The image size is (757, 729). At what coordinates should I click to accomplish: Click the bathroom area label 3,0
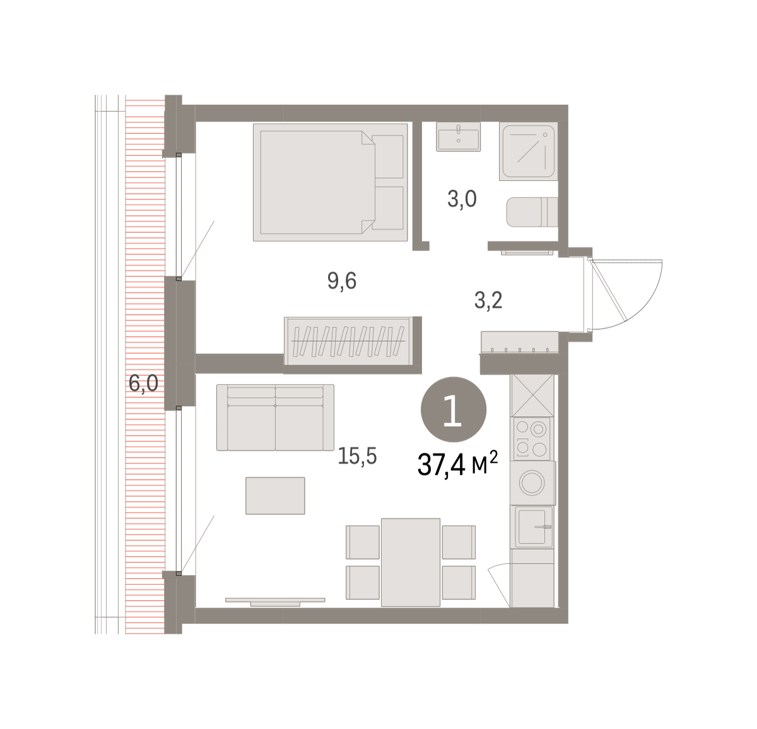[x=462, y=199]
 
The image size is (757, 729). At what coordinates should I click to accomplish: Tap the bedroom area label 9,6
[x=341, y=281]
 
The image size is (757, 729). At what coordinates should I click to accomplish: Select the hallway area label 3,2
[x=488, y=301]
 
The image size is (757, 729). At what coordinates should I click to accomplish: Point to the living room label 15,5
[x=357, y=456]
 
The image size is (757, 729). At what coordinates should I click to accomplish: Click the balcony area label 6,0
[x=143, y=384]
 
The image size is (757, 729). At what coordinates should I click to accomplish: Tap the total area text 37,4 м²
[x=457, y=464]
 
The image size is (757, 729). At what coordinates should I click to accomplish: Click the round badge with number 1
[x=453, y=409]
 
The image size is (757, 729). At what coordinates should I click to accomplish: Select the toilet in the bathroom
[x=532, y=212]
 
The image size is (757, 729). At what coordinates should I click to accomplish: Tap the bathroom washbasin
[x=458, y=136]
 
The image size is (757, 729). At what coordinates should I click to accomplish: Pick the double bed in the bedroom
[x=331, y=182]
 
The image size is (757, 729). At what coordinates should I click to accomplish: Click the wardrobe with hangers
[x=348, y=341]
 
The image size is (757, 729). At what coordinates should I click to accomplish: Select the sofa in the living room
[x=275, y=417]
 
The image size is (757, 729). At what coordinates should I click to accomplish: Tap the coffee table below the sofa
[x=275, y=496]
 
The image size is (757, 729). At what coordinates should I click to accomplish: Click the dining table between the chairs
[x=411, y=563]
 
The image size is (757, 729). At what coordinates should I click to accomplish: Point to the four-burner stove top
[x=531, y=439]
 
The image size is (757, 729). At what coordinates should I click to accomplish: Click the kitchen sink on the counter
[x=534, y=527]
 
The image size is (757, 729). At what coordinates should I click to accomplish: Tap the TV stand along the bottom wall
[x=275, y=602]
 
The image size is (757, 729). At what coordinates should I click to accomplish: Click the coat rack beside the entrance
[x=519, y=342]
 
